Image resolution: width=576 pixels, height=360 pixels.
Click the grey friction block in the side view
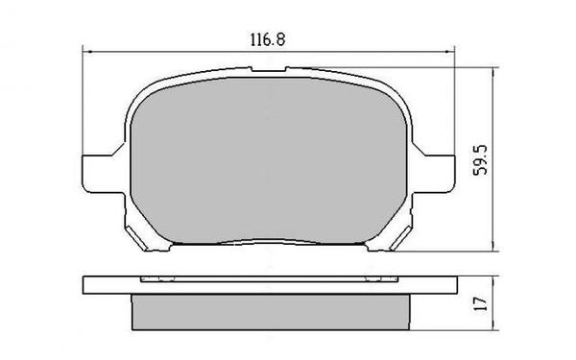point(269,308)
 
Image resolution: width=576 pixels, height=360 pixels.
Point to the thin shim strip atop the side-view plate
point(269,279)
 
